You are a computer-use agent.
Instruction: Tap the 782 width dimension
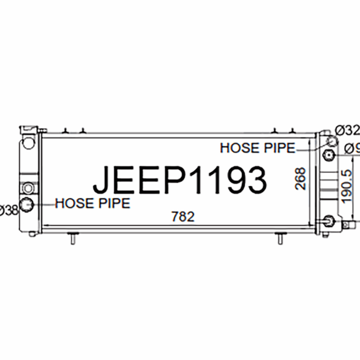coord(183,216)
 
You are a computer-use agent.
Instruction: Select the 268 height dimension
coord(301,179)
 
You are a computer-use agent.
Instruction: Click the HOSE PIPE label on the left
coord(93,203)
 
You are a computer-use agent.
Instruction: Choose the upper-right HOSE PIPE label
coord(257,148)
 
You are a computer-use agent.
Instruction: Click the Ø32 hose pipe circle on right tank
coord(331,141)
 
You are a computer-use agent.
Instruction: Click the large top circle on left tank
coord(28,143)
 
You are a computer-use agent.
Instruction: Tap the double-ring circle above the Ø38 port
coord(28,187)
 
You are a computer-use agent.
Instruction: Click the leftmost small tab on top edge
coord(66,131)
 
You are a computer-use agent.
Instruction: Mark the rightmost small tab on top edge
coord(292,131)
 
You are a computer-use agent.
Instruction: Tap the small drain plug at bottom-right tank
coord(345,224)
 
